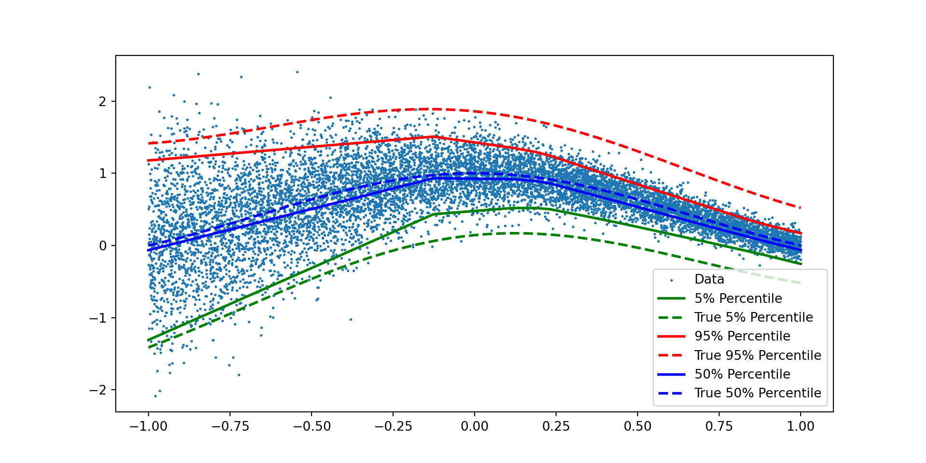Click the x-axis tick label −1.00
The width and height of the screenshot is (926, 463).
click(148, 426)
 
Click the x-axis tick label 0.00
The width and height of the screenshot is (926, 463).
click(475, 426)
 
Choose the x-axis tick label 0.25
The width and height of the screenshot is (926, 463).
click(556, 426)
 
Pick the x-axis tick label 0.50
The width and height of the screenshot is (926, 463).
click(638, 426)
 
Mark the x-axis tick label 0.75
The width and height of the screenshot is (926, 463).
click(719, 426)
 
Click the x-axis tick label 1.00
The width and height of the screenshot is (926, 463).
click(801, 426)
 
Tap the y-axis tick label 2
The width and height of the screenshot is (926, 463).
click(102, 102)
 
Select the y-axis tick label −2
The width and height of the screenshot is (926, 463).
click(98, 390)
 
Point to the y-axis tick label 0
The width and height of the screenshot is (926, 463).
click(102, 246)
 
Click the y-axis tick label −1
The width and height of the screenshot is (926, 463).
click(98, 318)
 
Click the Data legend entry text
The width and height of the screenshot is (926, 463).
click(709, 279)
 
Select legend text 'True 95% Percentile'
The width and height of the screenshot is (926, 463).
click(757, 355)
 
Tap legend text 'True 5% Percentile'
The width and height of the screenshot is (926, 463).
click(753, 317)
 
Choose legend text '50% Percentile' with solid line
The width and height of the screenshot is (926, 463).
click(742, 374)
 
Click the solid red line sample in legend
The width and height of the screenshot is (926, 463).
click(671, 336)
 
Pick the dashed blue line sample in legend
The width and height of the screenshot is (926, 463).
click(671, 393)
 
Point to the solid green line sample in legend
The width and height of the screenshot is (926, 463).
click(671, 299)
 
